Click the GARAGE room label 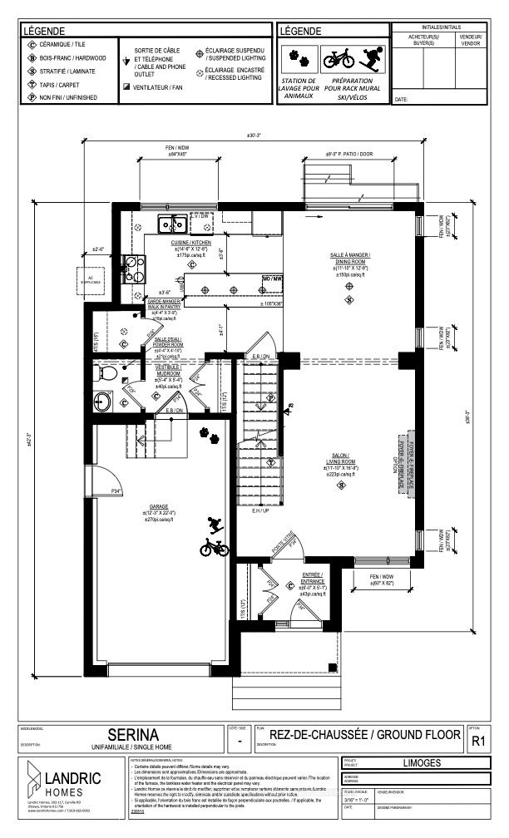pos(159,505)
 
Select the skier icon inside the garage pos(215,525)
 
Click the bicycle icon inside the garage pos(214,548)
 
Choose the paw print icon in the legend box pos(296,59)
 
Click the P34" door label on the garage pos(116,492)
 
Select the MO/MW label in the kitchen pos(272,278)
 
